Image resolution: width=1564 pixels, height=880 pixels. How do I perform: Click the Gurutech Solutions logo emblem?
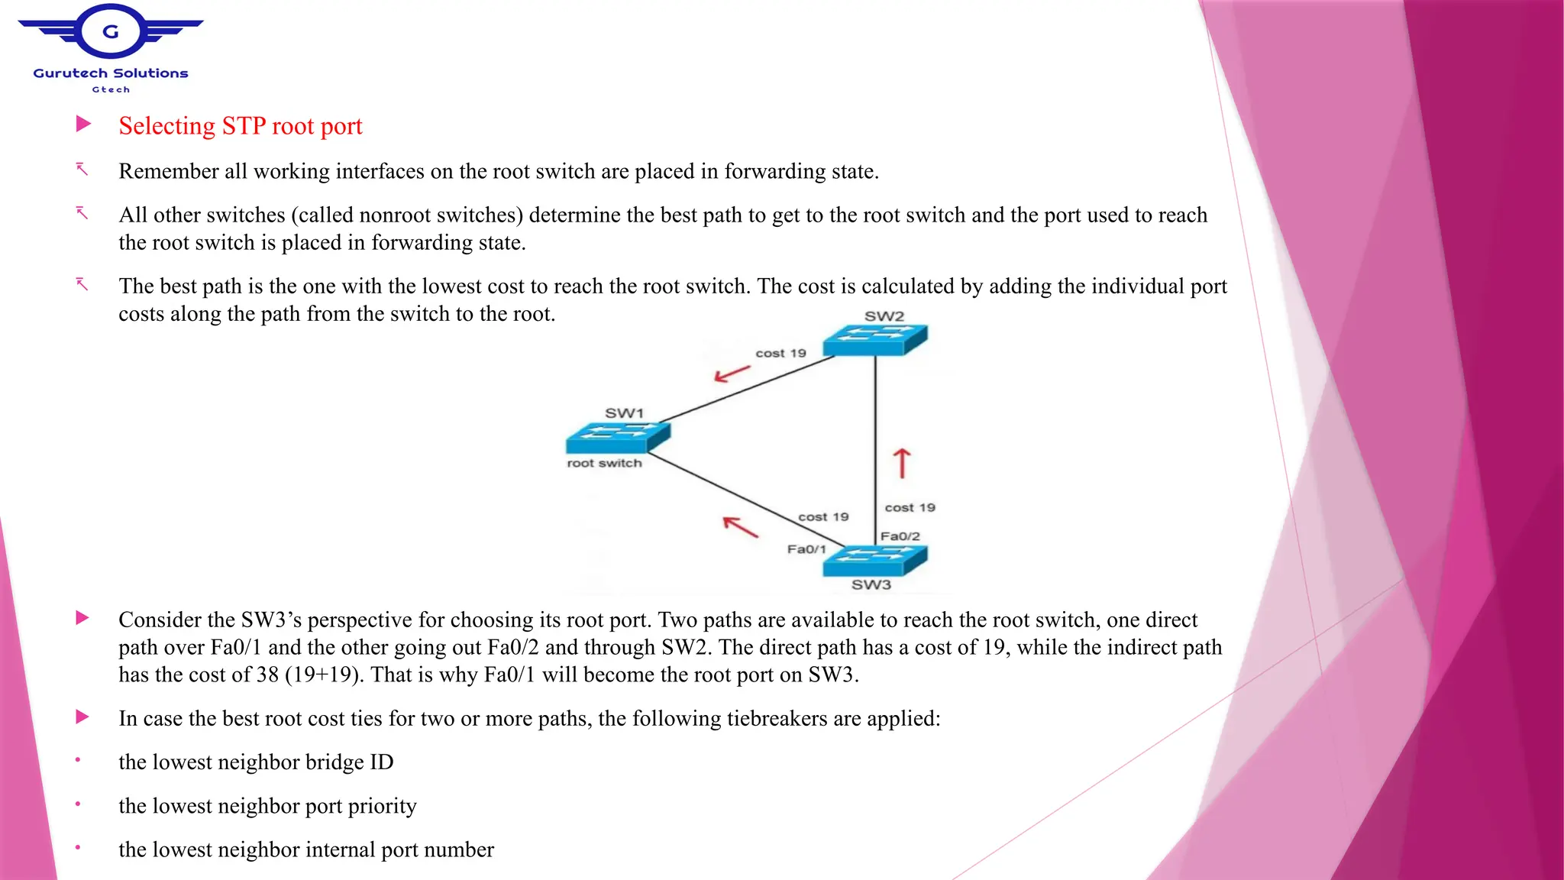(x=111, y=32)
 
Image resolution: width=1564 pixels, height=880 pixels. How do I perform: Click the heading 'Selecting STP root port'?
(x=240, y=126)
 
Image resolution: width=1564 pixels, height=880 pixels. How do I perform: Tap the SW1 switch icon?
(x=618, y=438)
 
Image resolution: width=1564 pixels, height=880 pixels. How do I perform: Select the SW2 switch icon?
(x=875, y=340)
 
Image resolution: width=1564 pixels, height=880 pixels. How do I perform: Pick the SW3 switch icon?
(x=874, y=561)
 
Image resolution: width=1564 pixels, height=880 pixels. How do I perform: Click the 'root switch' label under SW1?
(x=604, y=463)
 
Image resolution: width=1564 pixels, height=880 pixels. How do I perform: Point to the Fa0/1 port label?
(x=806, y=549)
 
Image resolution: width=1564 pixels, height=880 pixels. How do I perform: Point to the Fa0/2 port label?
(x=900, y=536)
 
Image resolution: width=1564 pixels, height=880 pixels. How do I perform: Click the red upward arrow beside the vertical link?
(x=902, y=463)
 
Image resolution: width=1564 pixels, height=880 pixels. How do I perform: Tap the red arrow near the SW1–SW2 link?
(x=732, y=374)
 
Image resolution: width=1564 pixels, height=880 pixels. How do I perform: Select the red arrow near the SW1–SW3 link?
(x=740, y=526)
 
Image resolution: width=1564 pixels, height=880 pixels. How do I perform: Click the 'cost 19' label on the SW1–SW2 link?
(x=780, y=353)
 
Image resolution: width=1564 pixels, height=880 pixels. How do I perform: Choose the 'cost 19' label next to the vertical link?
(x=910, y=507)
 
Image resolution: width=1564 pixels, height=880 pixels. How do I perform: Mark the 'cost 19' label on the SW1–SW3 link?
(x=823, y=517)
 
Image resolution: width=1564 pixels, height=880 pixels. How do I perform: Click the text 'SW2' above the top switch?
(x=884, y=316)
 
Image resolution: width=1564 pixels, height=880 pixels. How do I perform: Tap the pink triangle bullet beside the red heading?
(x=83, y=124)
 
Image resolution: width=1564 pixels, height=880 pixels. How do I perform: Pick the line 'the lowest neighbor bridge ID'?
(x=256, y=762)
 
